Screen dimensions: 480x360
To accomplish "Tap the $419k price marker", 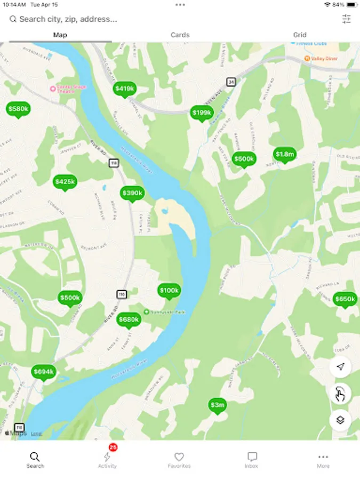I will click(x=124, y=89).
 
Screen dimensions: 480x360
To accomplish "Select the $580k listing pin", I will click(x=18, y=109).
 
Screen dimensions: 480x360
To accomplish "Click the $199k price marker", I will click(x=202, y=113).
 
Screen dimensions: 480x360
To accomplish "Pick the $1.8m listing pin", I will click(x=284, y=154).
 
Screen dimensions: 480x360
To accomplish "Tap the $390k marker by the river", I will click(x=132, y=193).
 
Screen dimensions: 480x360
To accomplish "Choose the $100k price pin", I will click(x=169, y=290).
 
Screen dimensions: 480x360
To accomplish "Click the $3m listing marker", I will click(x=217, y=405).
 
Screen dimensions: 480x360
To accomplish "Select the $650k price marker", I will click(x=345, y=299).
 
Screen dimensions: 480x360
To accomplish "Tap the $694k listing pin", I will click(x=44, y=371).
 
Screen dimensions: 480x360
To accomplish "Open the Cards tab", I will click(x=180, y=35).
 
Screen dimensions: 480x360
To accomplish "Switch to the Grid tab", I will click(x=300, y=35).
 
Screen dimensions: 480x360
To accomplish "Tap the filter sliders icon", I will click(x=347, y=19).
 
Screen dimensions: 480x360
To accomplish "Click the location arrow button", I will click(x=340, y=366).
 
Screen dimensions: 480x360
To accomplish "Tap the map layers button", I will click(x=340, y=420).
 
